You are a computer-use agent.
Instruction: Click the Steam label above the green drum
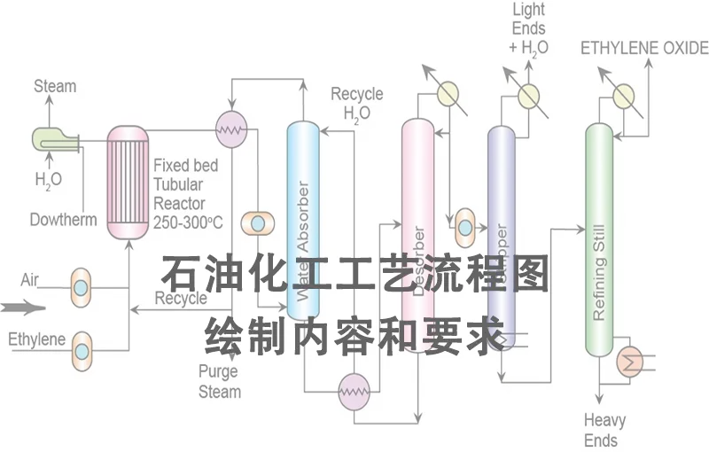[x=55, y=87]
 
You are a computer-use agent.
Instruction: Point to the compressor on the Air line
[x=81, y=286]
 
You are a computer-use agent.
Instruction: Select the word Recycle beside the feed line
[x=181, y=299]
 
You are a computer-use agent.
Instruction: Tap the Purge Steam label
[x=219, y=382]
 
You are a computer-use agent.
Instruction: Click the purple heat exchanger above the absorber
[x=231, y=129]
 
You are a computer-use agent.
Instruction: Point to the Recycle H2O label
[x=356, y=103]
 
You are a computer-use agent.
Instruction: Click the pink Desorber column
[x=417, y=230]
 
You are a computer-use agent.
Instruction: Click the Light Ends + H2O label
[x=529, y=29]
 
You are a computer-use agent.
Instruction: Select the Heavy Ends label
[x=604, y=430]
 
